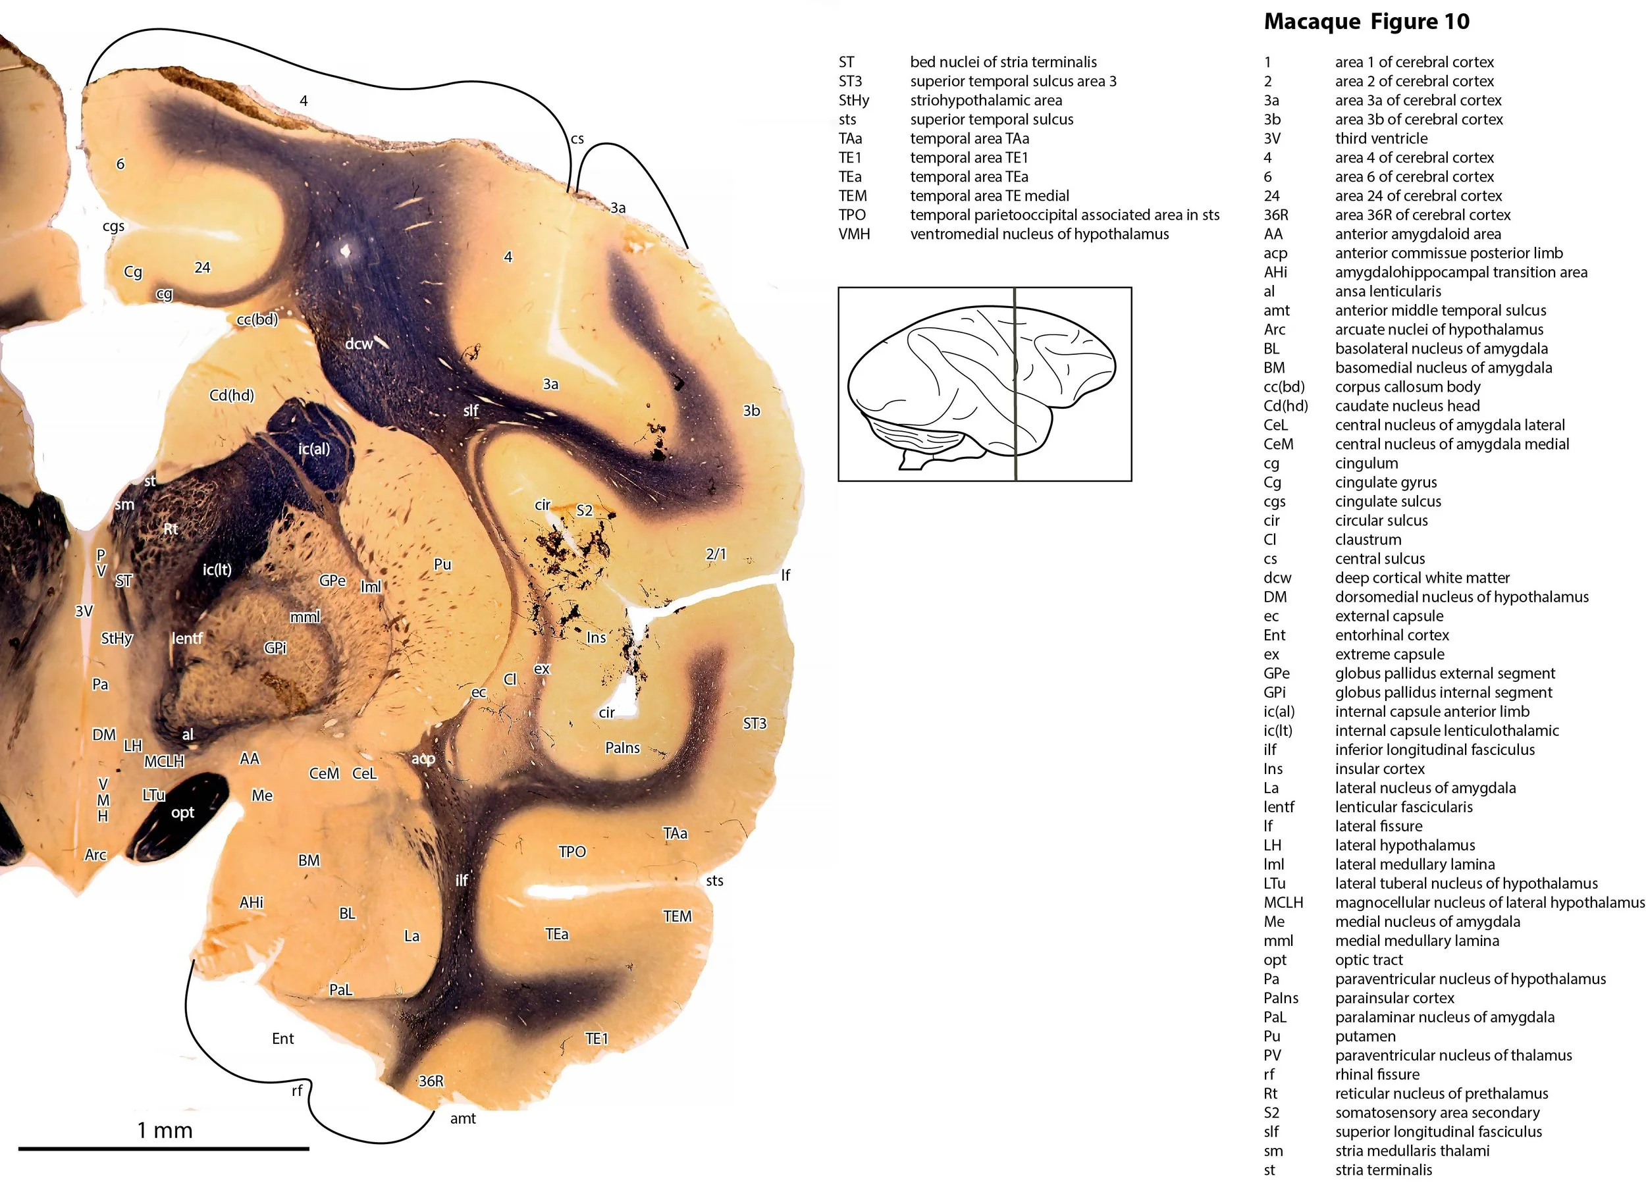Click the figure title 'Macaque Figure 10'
pos(1366,22)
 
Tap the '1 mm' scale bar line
pos(164,1148)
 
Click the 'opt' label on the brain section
pos(182,812)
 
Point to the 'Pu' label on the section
pos(442,564)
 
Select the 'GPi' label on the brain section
pos(275,647)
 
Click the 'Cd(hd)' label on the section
pos(232,396)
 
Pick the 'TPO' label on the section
pos(572,851)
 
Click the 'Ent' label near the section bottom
pos(282,1038)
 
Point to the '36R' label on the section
pos(431,1081)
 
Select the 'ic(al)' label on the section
pos(313,449)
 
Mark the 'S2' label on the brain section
pos(584,510)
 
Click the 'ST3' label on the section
pos(755,723)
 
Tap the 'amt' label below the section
pos(462,1118)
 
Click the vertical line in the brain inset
pos(1015,384)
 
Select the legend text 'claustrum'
pos(1367,539)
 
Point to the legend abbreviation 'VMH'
pos(853,234)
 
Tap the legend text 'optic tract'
pos(1369,959)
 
